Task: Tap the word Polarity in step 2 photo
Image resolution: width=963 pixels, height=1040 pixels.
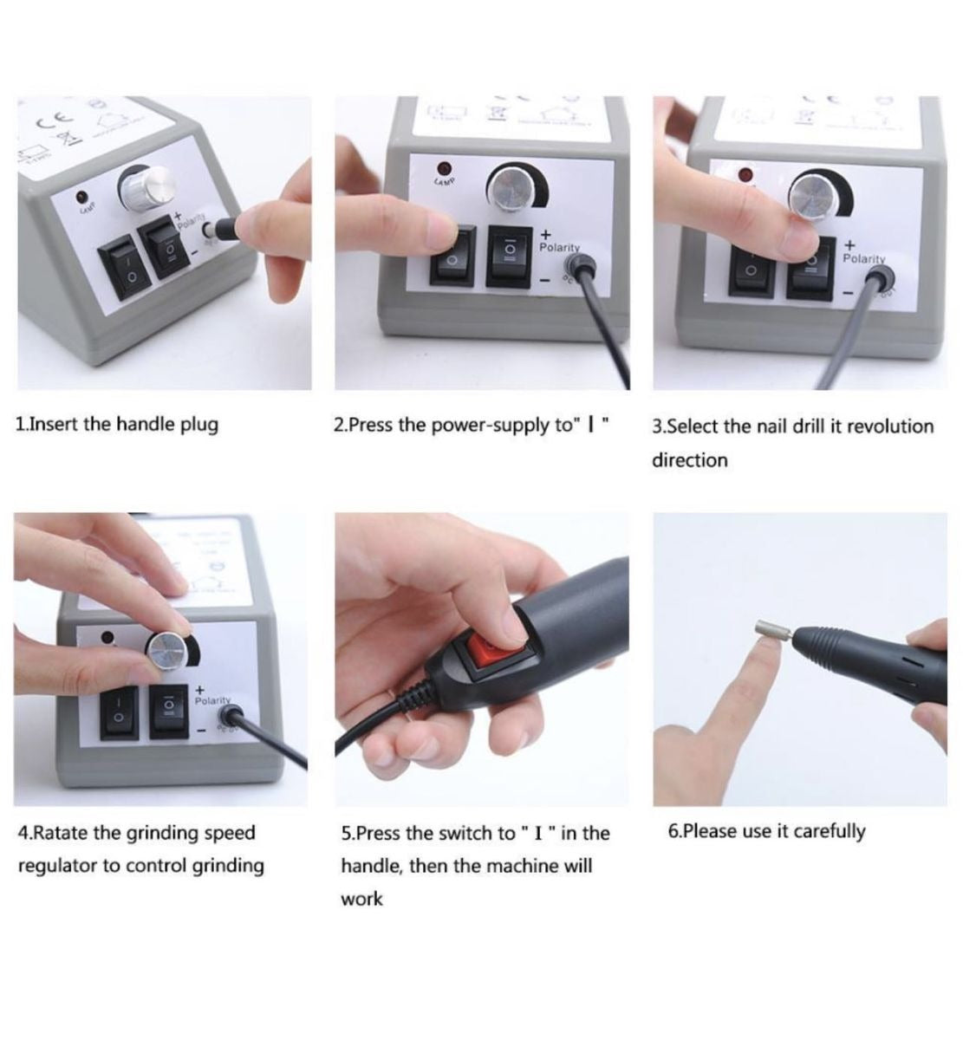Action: (559, 248)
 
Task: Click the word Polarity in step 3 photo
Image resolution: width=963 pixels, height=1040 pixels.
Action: (863, 259)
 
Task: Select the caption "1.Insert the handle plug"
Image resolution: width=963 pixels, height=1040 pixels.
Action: (118, 425)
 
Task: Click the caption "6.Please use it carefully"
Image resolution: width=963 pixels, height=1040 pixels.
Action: (766, 831)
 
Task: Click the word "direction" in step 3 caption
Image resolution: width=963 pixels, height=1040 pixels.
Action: (689, 460)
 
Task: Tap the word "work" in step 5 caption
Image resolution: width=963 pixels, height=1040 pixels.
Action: (361, 899)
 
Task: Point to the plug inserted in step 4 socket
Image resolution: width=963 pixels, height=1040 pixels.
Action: (231, 718)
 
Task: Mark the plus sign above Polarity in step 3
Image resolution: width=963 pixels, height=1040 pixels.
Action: (850, 245)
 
